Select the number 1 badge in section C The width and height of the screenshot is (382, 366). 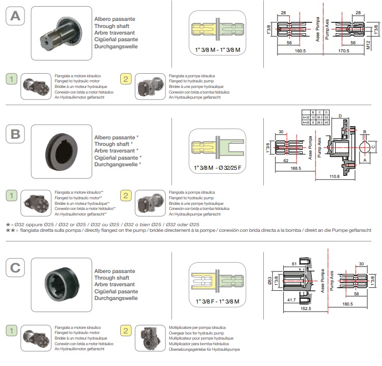(12, 330)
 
